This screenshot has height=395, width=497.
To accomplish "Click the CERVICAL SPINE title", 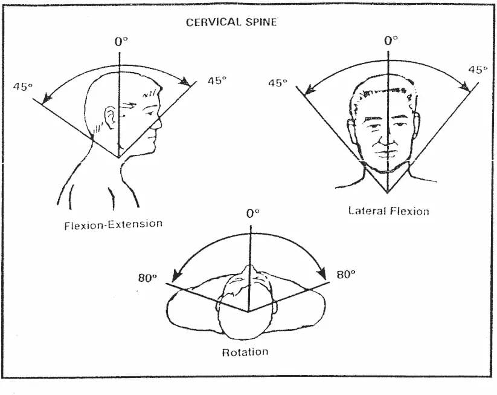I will coord(231,22).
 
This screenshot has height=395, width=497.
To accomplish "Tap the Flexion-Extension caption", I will coord(113,224).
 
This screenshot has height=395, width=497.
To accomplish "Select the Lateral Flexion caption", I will coord(388,211).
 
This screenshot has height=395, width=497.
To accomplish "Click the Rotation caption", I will coord(245,351).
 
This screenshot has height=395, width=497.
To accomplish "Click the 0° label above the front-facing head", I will coord(391,41).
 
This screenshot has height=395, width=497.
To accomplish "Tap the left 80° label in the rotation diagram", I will coord(147,278).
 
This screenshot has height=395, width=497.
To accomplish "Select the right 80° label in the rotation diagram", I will coord(345,274).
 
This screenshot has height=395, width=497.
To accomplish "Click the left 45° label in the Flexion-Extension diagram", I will coord(22,86).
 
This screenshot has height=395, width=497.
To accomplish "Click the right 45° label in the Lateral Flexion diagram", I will coord(478,70).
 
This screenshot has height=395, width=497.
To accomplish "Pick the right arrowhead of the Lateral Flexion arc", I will coord(467,89).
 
